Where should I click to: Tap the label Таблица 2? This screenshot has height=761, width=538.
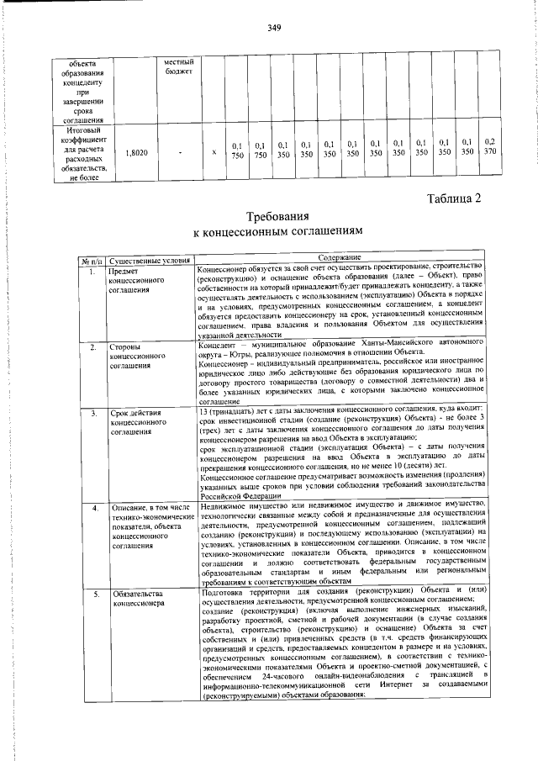point(453,199)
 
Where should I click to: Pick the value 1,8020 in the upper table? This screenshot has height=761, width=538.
point(136,153)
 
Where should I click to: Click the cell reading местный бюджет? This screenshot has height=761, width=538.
point(179,68)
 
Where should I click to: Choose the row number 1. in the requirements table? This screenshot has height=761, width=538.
point(94,272)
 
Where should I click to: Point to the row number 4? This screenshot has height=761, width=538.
point(94,508)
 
